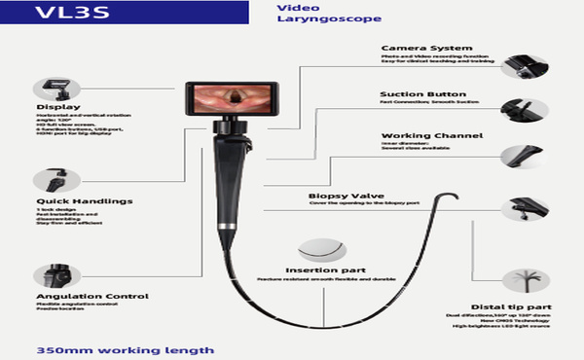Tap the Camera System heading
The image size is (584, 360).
click(426, 47)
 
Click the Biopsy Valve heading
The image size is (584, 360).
click(340, 195)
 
